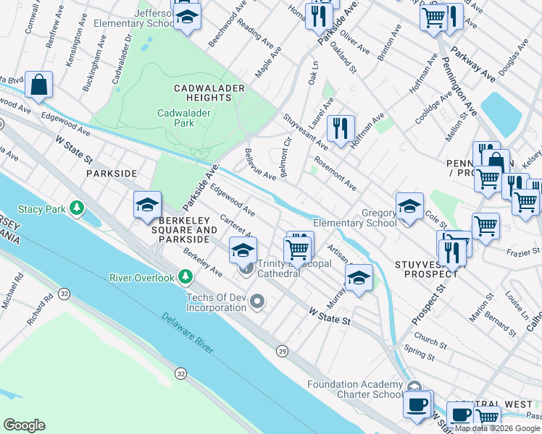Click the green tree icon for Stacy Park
click(x=75, y=209)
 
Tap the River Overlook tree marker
click(x=186, y=277)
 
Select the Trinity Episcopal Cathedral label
click(x=288, y=268)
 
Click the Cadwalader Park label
click(x=176, y=118)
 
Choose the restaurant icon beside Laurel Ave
click(x=341, y=128)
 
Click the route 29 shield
click(x=280, y=350)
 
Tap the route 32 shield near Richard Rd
click(x=64, y=293)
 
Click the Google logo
click(x=24, y=425)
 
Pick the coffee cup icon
click(x=417, y=403)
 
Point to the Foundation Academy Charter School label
click(x=355, y=389)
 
